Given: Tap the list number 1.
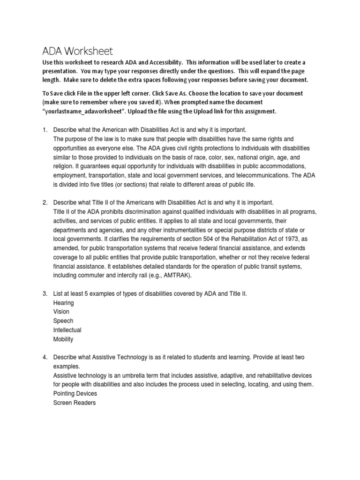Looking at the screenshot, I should coord(45,129).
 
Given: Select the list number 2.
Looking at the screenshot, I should coord(45,202).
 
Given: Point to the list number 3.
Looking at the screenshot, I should coord(45,293).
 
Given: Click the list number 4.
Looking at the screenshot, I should coord(45,357).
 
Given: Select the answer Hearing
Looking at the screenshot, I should coord(64,303).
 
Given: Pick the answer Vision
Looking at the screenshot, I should coord(61,312).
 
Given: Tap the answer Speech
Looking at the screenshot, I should coord(63,321).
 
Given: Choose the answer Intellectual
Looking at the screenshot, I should coord(67,330).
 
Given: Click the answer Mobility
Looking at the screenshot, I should coord(63,339).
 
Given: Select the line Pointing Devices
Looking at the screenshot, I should coord(75,394).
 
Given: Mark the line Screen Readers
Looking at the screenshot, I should coord(75,403).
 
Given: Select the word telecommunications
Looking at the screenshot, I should coord(256,175).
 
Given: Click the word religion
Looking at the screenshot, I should coord(66,166).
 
